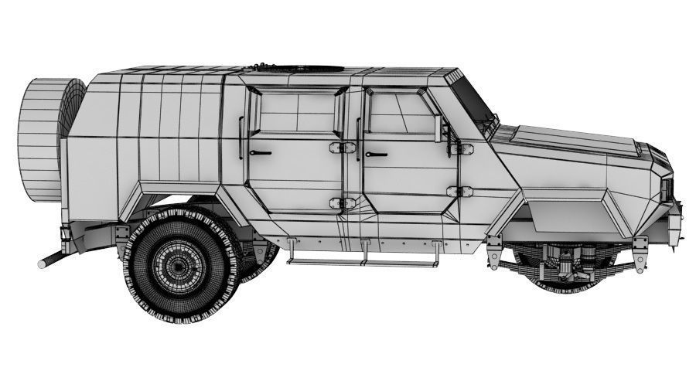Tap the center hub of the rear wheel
click(179, 267)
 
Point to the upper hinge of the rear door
click(337, 148)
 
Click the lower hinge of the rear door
click(337, 203)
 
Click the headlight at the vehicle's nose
click(667, 188)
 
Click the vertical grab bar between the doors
click(357, 139)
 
